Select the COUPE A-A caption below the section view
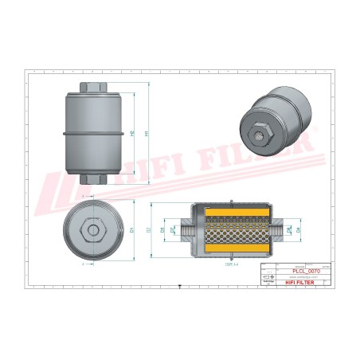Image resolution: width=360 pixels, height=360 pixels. click(x=232, y=264)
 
